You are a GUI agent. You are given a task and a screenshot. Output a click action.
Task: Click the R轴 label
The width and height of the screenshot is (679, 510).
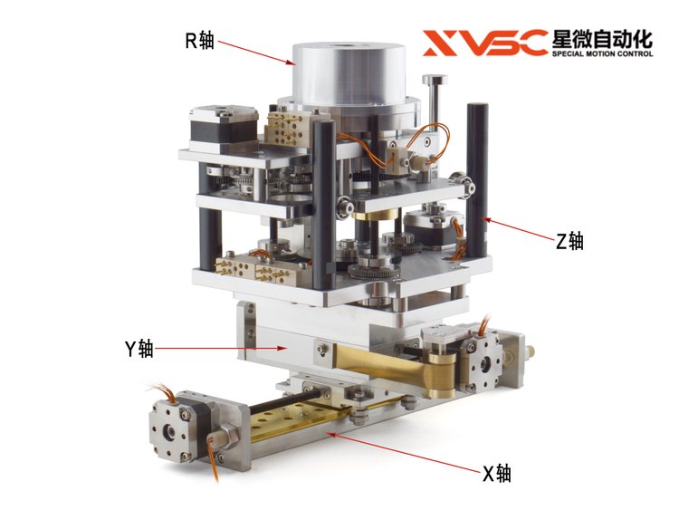coord(200,41)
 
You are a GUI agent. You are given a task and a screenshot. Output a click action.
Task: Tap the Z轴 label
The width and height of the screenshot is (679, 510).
coord(569,241)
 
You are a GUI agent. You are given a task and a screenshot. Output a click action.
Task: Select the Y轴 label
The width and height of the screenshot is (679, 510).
coord(139,349)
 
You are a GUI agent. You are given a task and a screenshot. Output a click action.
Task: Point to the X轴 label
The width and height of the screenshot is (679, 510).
coord(497,474)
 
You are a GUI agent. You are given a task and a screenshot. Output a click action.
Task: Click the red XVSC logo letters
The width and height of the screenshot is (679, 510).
coord(484,43)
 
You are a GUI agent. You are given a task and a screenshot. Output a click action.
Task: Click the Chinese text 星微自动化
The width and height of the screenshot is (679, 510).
coord(602,39)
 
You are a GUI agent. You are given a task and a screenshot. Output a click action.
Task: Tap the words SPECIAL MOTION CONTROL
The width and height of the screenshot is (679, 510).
coord(602,53)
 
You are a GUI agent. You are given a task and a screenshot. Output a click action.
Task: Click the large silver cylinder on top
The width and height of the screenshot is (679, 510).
coord(349,73)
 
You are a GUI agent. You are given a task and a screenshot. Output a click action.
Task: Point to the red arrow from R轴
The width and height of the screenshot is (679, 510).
coord(256,53)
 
